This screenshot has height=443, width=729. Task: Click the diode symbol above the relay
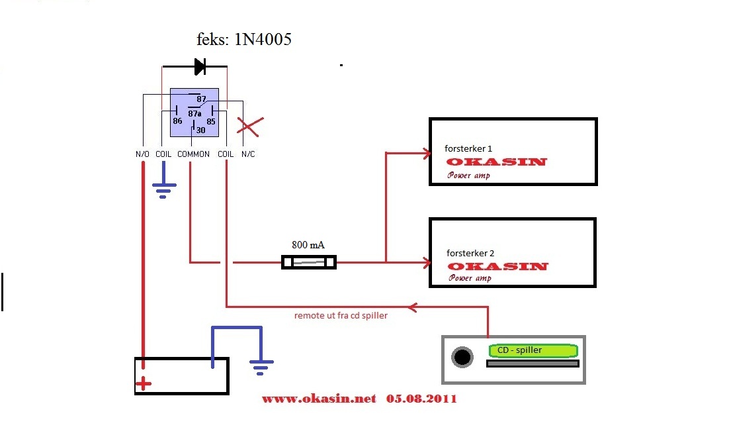point(199,66)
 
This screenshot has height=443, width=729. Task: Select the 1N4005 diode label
point(244,40)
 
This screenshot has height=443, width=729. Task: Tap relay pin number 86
point(177,121)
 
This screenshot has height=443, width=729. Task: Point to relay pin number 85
point(211,121)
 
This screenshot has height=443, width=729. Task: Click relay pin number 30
point(200,130)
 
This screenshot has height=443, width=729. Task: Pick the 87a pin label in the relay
point(194,113)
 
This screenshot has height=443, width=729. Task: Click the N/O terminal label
point(142,154)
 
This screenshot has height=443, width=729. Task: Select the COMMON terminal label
point(193,154)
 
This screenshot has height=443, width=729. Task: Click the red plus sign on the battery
point(143,383)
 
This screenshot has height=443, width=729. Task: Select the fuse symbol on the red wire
point(309,263)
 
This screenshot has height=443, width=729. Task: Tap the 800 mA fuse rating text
point(308,244)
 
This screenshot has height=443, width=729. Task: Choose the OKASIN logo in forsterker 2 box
point(497,266)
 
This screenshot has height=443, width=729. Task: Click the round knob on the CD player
point(462,358)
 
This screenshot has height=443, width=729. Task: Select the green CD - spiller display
point(533,350)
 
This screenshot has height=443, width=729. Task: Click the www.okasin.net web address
point(319,399)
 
